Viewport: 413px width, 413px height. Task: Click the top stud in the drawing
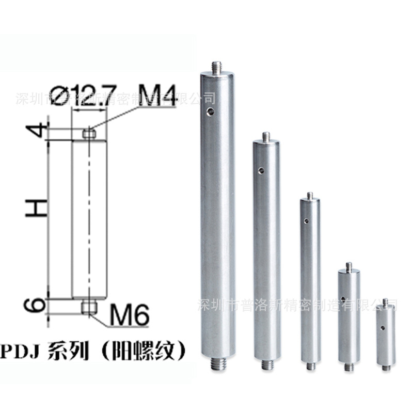pos(89,134)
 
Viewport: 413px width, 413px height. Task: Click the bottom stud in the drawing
pos(89,308)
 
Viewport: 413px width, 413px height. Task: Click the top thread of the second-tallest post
pos(266,137)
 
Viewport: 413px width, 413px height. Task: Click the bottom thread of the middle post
pos(311,366)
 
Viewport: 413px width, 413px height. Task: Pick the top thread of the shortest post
pos(385,302)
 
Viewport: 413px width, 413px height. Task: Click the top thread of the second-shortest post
pos(349,267)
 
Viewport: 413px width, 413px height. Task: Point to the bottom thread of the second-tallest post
pos(267,366)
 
